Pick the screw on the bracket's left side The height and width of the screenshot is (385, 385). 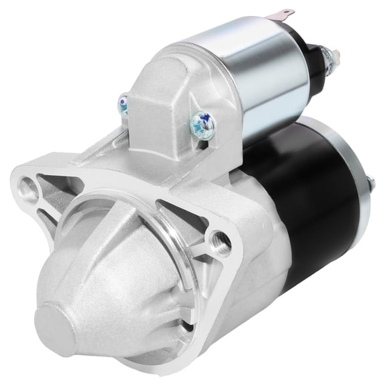click(x=124, y=104)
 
